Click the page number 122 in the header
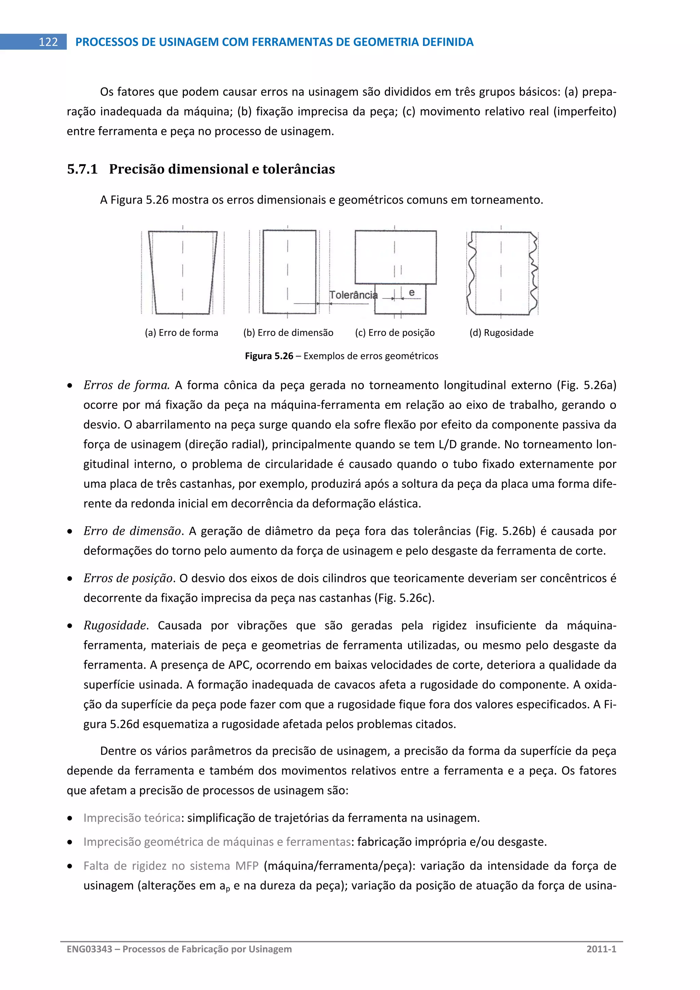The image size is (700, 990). [x=48, y=42]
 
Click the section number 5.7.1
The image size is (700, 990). [x=82, y=169]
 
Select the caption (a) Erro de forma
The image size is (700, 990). [x=181, y=333]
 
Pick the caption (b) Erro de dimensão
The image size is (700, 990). [x=288, y=333]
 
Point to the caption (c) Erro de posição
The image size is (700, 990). [x=395, y=333]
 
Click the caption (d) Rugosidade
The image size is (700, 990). [x=501, y=333]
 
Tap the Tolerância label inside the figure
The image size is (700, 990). [x=353, y=295]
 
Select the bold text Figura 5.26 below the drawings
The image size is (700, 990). [x=269, y=356]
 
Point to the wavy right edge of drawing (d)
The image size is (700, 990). [x=534, y=272]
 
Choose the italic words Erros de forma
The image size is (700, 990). [x=126, y=385]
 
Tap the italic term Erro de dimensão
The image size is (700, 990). [x=132, y=531]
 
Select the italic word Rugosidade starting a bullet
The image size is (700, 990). [x=115, y=625]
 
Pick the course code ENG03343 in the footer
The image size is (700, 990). [x=89, y=949]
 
